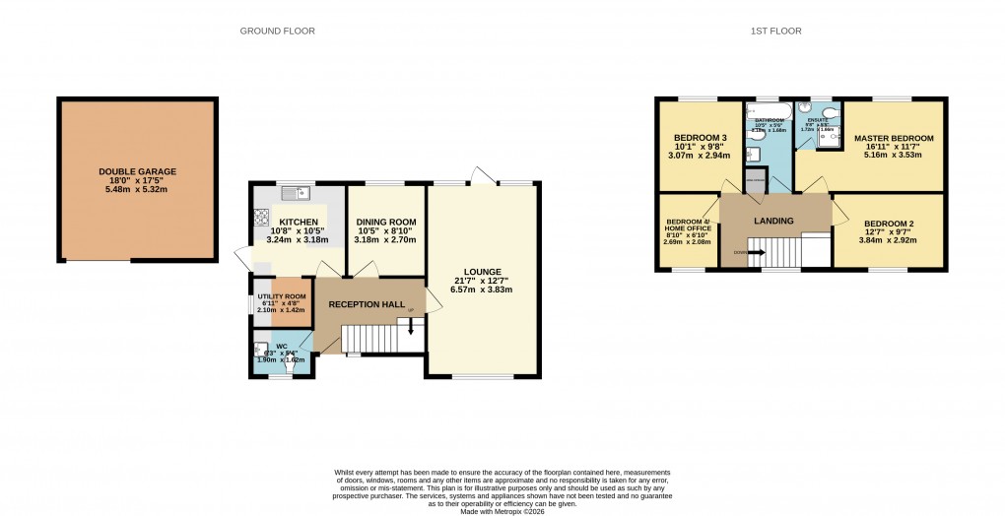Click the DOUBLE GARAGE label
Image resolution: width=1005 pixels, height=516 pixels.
click(x=137, y=171)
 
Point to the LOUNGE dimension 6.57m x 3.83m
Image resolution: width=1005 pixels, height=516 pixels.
click(x=484, y=290)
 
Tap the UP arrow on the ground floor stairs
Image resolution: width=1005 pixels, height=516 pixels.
click(x=411, y=328)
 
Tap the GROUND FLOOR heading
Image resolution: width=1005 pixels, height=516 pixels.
click(x=278, y=32)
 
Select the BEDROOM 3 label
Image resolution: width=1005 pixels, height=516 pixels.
click(x=700, y=137)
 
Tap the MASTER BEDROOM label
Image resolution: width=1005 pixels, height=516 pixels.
click(x=894, y=138)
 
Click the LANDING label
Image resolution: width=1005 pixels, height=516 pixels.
click(x=773, y=221)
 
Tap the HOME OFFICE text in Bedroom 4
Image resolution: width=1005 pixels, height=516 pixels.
click(x=687, y=228)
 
